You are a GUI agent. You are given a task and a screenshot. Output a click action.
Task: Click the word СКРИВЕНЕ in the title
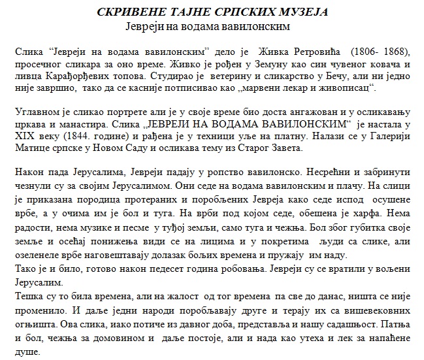tap(128, 12)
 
